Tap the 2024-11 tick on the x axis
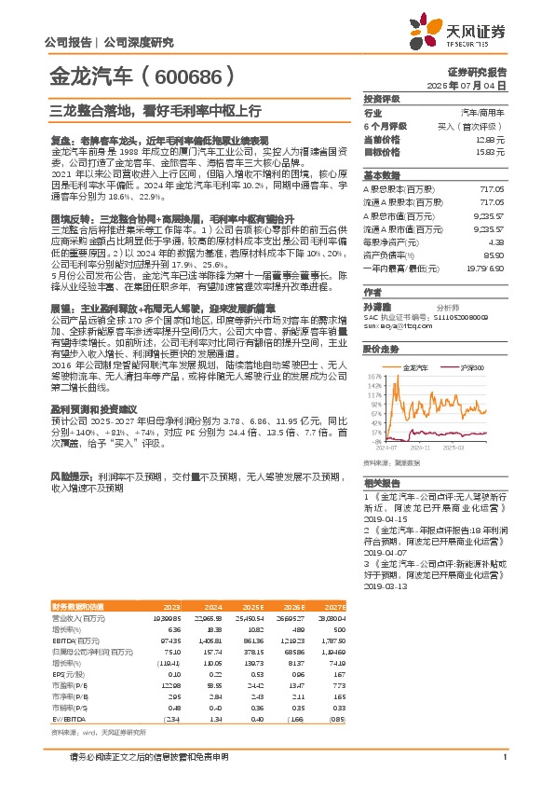click(421, 448)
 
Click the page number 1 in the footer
click(504, 756)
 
